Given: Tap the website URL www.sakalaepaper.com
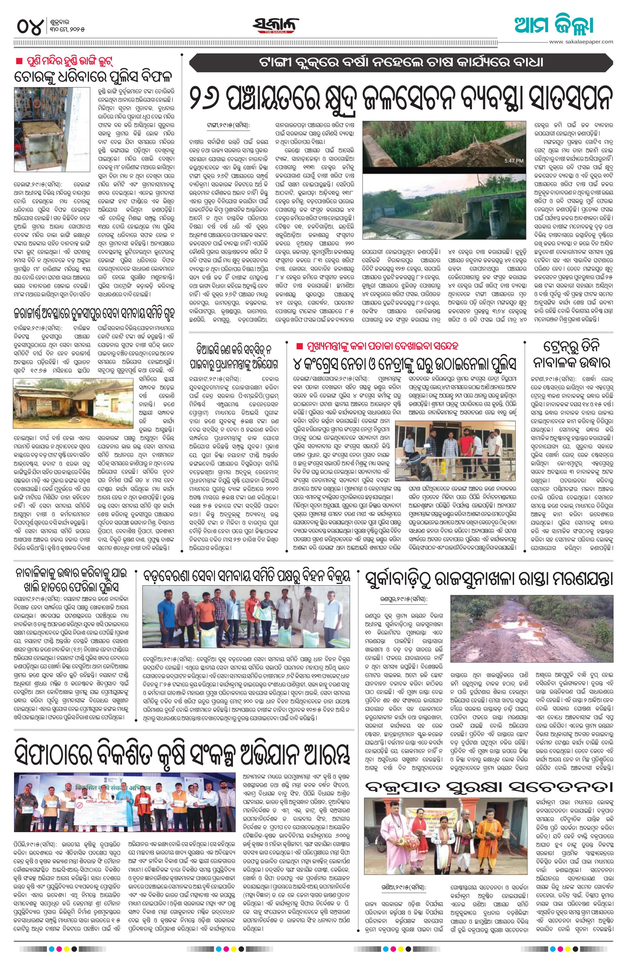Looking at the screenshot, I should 581,41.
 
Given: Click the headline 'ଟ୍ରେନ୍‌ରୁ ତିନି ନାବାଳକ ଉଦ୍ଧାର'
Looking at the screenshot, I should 571,355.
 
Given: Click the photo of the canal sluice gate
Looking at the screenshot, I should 444,209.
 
